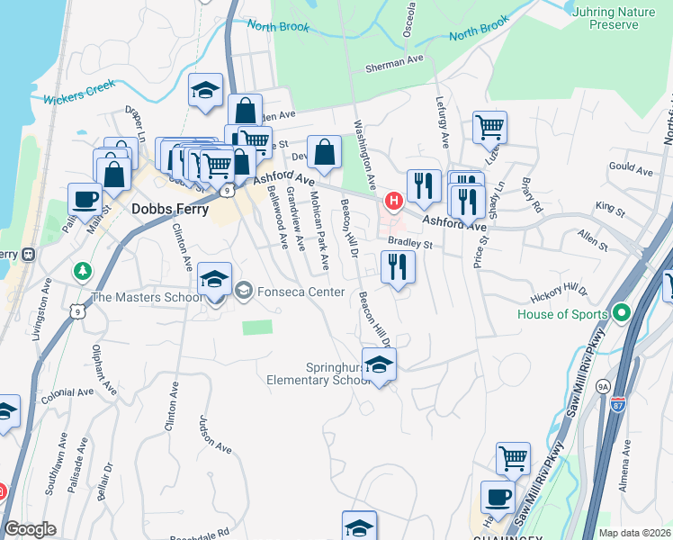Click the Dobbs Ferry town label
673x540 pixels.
[170, 208]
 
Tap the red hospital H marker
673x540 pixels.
[392, 200]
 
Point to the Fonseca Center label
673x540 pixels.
[301, 292]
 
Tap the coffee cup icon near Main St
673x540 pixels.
[85, 199]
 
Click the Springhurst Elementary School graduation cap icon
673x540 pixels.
[380, 364]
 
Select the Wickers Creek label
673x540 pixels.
[78, 93]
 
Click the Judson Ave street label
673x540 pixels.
[216, 436]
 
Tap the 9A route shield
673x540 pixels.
[603, 386]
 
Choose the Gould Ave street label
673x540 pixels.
[630, 167]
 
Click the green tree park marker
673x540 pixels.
[83, 270]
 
